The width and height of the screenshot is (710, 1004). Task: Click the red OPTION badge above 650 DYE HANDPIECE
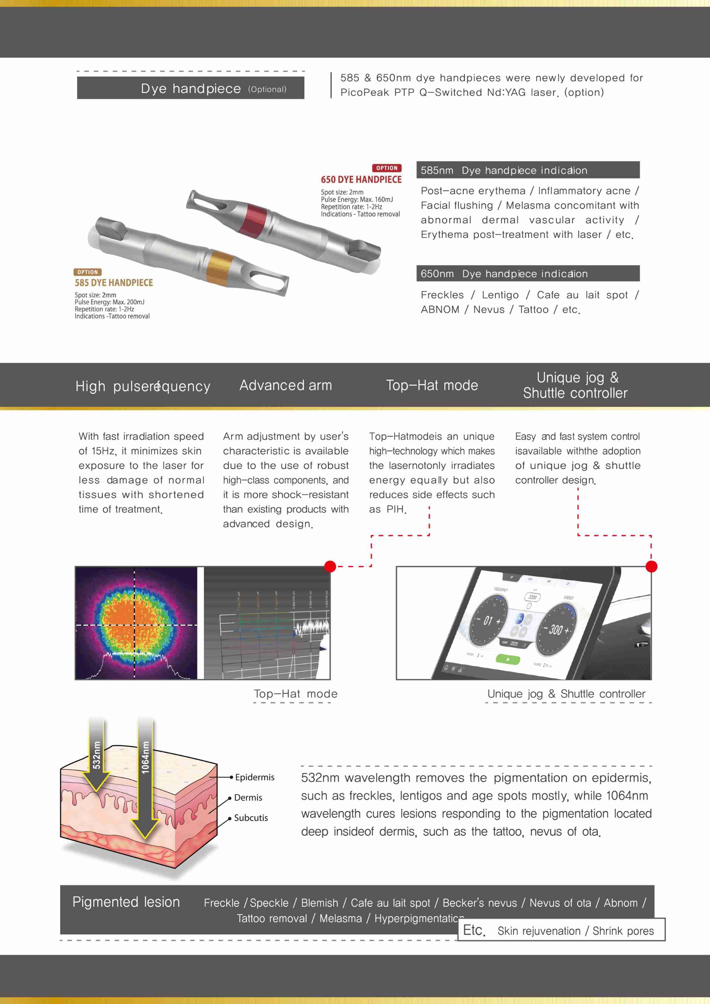coord(386,168)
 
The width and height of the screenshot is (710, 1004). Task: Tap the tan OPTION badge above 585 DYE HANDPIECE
coord(87,272)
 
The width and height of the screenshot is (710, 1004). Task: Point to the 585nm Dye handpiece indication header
coord(527,170)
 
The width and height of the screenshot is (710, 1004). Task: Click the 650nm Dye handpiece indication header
coord(527,274)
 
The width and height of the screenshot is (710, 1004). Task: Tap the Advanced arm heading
coord(286,385)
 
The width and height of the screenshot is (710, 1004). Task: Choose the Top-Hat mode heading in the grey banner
coord(432,385)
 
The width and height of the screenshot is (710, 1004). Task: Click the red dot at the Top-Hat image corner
coord(330,566)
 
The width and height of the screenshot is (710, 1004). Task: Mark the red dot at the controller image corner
coord(651,566)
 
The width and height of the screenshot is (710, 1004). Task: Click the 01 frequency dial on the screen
coord(488,621)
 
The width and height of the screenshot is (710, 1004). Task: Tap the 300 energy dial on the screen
coord(556,630)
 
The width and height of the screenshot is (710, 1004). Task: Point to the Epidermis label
coord(254,777)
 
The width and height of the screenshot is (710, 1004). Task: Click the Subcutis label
coord(251,818)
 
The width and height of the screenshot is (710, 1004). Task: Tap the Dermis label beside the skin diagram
coord(248,797)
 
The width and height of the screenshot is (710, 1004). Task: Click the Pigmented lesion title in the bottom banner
coord(126,902)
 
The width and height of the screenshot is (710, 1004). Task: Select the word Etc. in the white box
coord(474,930)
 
